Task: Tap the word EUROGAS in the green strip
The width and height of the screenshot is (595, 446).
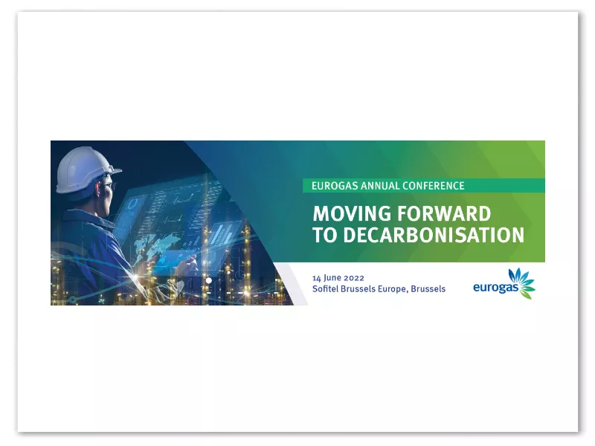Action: pos(335,186)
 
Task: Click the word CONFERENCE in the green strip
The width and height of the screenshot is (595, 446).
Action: pos(434,186)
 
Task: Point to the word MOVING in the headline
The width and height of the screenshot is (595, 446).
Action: pos(352,213)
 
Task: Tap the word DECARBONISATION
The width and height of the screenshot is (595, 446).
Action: pos(434,235)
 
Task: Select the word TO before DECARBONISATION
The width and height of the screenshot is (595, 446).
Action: pos(325,235)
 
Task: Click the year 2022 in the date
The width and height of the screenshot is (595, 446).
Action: pos(354,278)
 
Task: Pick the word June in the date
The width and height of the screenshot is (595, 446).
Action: pos(332,278)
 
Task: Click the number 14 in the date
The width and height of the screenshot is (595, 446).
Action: pos(317,278)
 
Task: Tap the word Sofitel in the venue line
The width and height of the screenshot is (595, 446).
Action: pos(325,289)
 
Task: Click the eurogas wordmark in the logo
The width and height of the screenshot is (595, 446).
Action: pos(495,288)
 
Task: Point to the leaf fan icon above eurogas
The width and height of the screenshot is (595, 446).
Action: pos(522,282)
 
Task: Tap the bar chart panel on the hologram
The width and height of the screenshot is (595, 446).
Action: pos(222,233)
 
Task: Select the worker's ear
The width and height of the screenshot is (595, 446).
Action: pos(97,189)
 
